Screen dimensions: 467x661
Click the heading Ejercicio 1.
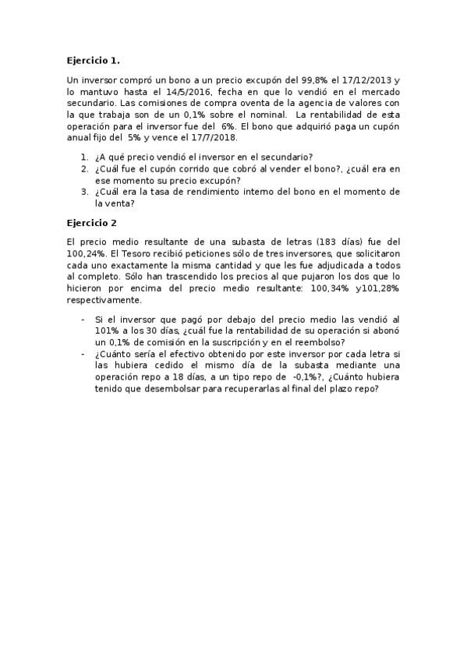[93, 59]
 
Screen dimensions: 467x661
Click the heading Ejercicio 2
[91, 222]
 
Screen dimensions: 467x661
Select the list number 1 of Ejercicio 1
[83, 157]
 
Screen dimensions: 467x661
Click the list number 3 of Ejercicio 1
[83, 191]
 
